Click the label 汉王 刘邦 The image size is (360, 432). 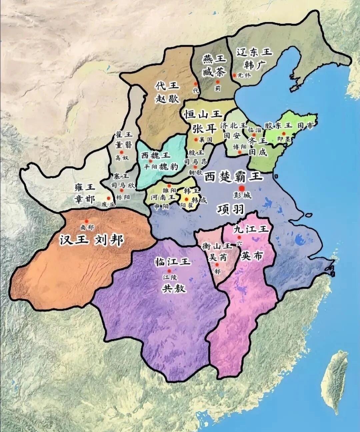pos(92,240)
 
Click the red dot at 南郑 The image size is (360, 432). pos(87,221)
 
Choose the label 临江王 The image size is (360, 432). pos(172,262)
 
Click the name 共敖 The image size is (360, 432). pos(173,289)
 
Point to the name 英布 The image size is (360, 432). pos(252,256)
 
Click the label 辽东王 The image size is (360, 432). pos(254,52)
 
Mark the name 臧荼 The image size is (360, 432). pos(214,72)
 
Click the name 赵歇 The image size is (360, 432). pos(167,99)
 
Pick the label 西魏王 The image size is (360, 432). pos(156,155)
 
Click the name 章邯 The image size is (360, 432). pos(85,199)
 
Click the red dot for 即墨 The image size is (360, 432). pos(284,133)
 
